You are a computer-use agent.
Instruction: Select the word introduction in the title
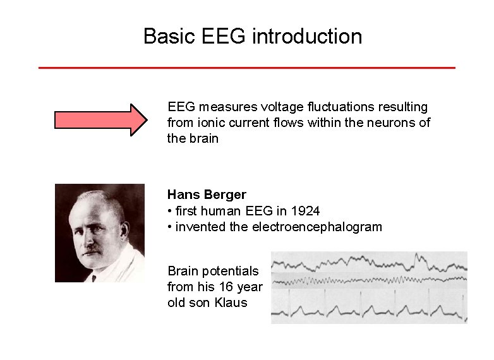click(x=307, y=36)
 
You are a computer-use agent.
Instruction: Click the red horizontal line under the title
click(x=246, y=68)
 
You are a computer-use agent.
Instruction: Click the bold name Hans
click(x=183, y=195)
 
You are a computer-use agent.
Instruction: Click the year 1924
click(x=306, y=210)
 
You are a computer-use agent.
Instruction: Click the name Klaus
click(x=231, y=303)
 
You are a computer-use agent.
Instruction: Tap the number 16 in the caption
click(x=224, y=287)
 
